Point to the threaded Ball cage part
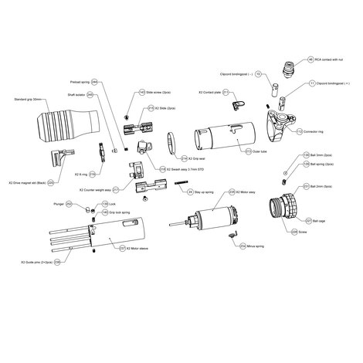[x=286, y=210]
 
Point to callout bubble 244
[x=94, y=80]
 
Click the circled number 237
[x=120, y=249]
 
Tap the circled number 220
[x=50, y=183]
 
